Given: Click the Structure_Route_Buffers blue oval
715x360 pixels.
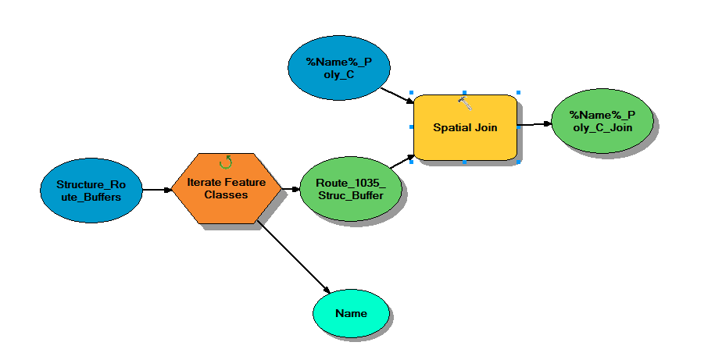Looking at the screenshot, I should click(91, 190).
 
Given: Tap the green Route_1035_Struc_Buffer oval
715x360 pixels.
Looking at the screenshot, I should click(350, 190).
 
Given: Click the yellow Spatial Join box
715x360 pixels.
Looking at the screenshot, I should click(465, 127).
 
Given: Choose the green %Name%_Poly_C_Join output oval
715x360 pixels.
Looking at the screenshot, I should click(602, 121).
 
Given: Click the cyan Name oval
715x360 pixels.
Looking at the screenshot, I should click(351, 313).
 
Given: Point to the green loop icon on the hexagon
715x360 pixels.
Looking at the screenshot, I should click(226, 162).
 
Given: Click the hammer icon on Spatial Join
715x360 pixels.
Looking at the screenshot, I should click(465, 103).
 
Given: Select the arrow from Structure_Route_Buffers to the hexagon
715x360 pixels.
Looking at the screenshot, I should click(157, 189).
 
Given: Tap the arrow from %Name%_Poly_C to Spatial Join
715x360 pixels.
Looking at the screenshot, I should click(396, 94).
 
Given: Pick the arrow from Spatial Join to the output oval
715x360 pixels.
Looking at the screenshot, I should click(535, 123).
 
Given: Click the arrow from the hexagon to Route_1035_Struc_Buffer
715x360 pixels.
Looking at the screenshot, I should click(290, 189).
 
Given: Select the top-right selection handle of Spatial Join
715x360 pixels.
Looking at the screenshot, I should click(518, 93).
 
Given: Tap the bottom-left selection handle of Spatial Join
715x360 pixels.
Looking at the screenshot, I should click(412, 162).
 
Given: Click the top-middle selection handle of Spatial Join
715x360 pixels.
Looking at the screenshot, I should click(465, 93).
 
